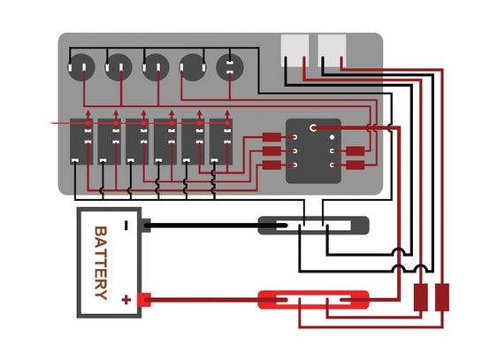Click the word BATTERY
point(101,263)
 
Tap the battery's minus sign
point(126,226)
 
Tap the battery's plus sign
point(126,300)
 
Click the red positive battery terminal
point(144,300)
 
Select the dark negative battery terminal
point(146,226)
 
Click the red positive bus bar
point(313,300)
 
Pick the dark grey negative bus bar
point(313,226)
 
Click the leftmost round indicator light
point(81,67)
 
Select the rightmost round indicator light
point(230,67)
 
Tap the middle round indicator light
point(156,67)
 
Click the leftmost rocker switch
point(81,142)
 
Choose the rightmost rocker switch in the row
point(221,142)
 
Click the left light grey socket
point(295,50)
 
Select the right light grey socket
point(332,50)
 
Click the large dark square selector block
point(313,151)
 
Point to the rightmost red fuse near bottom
point(442,297)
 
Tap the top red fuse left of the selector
point(272,137)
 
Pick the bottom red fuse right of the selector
point(356,165)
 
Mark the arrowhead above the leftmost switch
point(88,113)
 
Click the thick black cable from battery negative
point(216,226)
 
